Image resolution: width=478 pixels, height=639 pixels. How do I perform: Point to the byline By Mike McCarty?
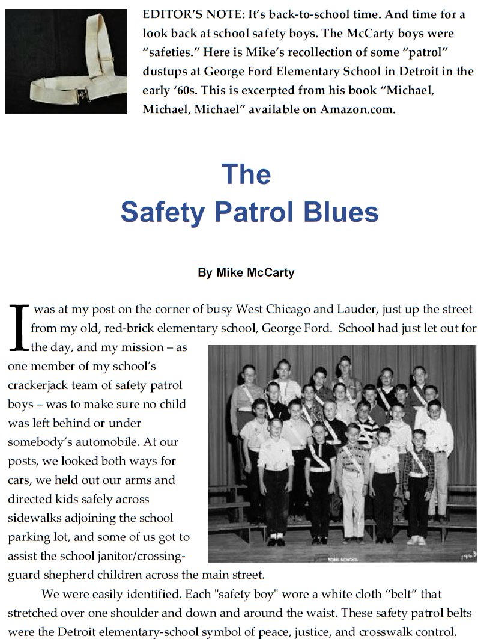[246, 272]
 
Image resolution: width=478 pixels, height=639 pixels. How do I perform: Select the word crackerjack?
[38, 384]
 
